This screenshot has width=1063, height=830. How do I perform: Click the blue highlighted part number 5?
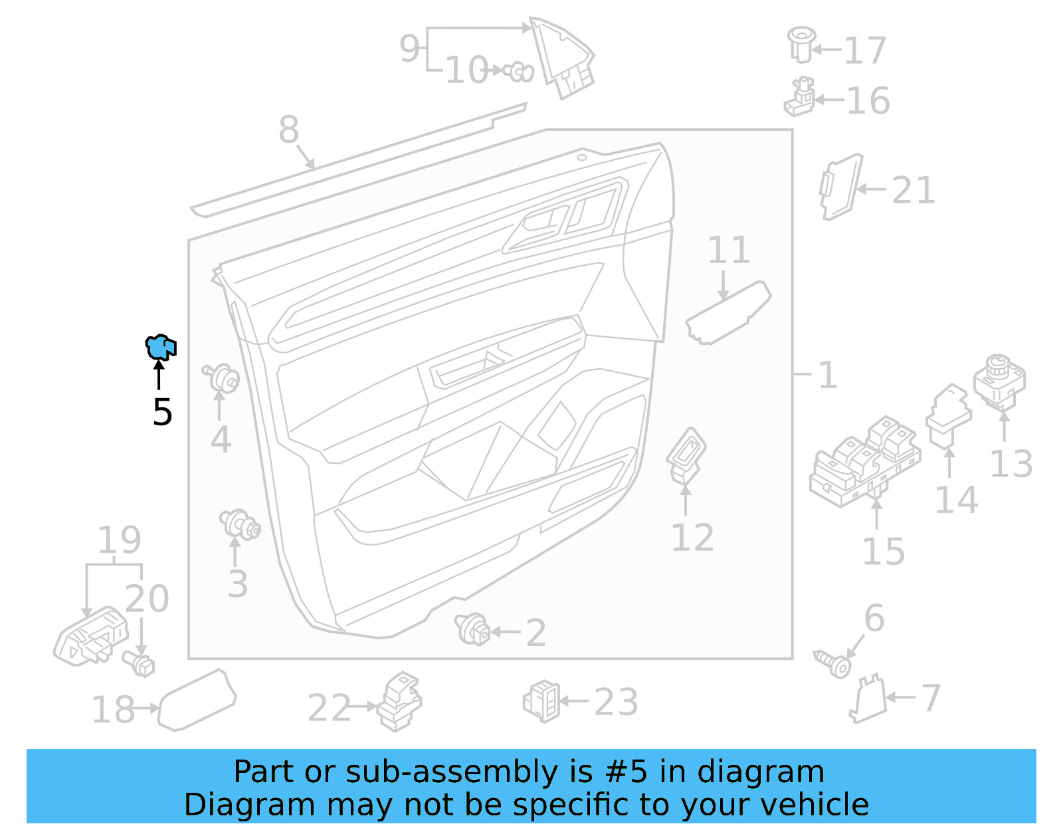161,347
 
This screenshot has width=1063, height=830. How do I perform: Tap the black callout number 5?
162,413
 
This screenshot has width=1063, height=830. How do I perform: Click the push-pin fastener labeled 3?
240,525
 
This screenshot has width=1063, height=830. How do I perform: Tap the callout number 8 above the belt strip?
288,130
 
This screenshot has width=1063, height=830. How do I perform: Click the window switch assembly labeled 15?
864,463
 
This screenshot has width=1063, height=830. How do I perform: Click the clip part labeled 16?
800,98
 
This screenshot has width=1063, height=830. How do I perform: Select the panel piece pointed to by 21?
840,187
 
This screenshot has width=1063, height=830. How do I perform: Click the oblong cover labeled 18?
197,700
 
